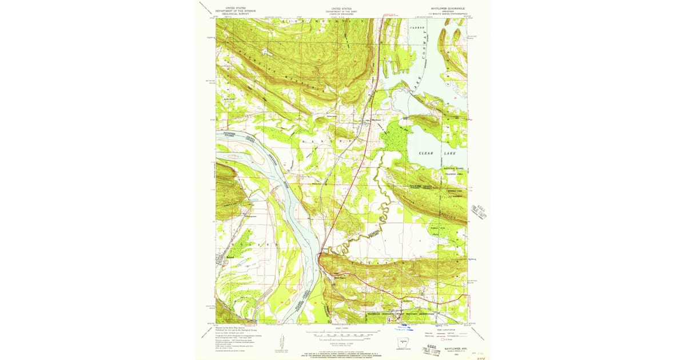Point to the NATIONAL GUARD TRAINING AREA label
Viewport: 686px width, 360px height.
coord(456,170)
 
